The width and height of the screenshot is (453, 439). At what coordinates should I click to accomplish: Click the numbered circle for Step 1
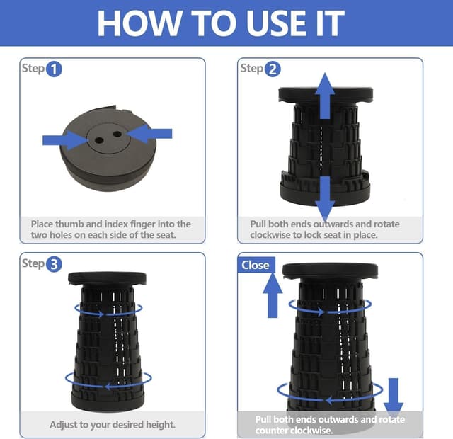coord(54,69)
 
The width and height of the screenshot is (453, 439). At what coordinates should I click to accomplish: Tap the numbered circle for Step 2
coord(273,69)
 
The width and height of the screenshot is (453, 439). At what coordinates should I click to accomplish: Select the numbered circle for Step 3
coord(54,264)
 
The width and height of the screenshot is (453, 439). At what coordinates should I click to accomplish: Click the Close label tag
coord(256,265)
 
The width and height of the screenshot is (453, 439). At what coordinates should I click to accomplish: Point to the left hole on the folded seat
coord(99,141)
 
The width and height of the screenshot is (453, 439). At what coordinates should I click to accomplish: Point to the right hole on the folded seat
coord(117,134)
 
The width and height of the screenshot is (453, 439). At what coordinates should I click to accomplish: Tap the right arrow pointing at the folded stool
coord(149,134)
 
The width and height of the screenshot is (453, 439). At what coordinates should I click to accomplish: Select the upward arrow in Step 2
coord(325,96)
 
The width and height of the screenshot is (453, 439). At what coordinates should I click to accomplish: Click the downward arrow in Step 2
coord(326,198)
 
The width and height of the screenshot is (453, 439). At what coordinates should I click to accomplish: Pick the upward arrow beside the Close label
coord(273,295)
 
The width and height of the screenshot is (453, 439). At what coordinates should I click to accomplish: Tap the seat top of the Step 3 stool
coord(107,278)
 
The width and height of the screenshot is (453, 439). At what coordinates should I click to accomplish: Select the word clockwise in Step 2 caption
coord(270,235)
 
